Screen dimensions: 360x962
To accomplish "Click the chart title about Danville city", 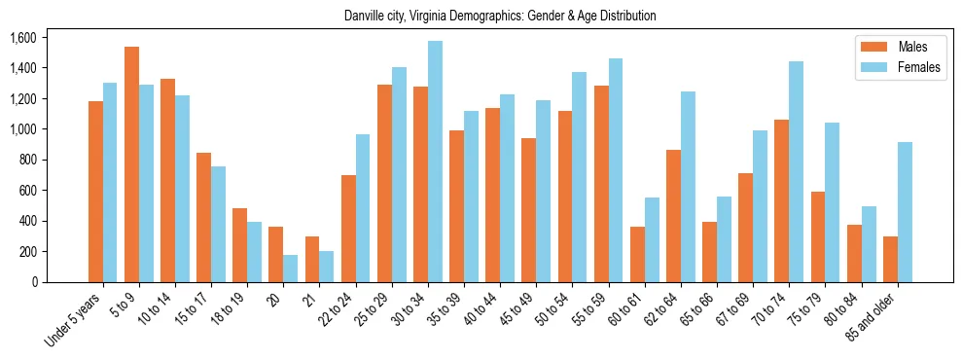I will [500, 17].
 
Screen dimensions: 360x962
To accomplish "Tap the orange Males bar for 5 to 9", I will [131, 164].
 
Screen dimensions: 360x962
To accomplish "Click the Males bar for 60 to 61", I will [637, 254].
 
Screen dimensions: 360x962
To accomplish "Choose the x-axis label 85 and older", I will [871, 318].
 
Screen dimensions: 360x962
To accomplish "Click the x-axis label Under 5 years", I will [75, 320].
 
